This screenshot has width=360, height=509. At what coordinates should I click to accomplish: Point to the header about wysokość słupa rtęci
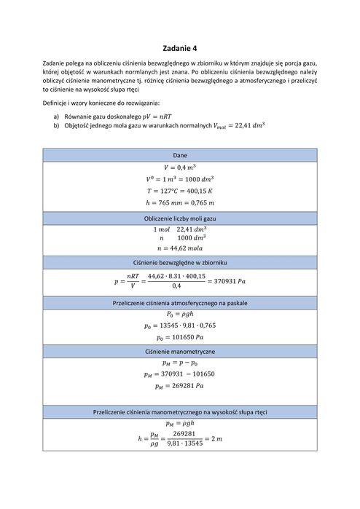pyautogui.click(x=180, y=412)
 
